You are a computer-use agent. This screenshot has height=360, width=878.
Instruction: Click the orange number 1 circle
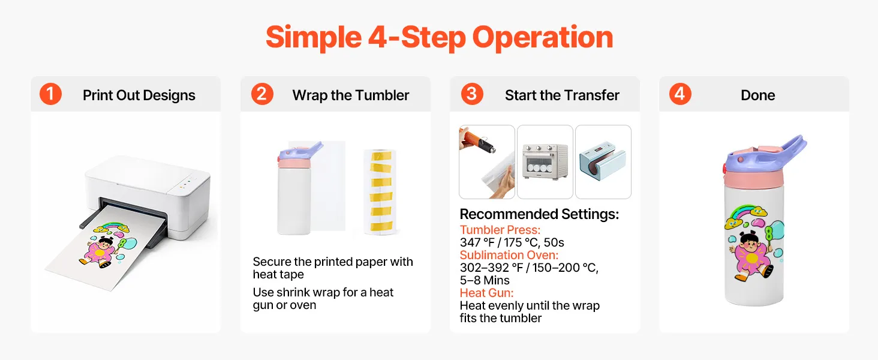click(x=50, y=94)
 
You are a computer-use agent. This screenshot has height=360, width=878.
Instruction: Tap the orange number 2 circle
click(x=262, y=94)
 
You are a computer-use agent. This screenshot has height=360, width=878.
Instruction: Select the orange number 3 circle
click(x=472, y=94)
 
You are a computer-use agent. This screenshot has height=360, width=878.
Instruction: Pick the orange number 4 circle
click(x=680, y=94)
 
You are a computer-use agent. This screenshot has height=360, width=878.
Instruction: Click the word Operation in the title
click(x=543, y=38)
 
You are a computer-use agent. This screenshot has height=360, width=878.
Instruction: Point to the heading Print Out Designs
click(x=139, y=95)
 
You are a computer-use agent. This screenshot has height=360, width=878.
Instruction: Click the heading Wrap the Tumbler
click(x=350, y=95)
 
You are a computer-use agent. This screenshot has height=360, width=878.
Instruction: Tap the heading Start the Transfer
click(x=562, y=95)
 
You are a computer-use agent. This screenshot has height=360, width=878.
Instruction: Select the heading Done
click(x=757, y=95)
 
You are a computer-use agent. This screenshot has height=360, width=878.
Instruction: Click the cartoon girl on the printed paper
click(x=100, y=251)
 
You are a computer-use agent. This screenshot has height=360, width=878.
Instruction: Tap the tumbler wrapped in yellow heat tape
click(x=380, y=192)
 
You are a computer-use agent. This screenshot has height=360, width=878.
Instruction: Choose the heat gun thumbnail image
click(x=487, y=162)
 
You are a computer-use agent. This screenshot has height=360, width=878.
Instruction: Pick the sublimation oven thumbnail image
click(x=545, y=162)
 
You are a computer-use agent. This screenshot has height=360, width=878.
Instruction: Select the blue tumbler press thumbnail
click(x=603, y=162)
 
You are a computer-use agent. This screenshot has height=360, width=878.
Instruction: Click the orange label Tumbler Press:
click(x=500, y=230)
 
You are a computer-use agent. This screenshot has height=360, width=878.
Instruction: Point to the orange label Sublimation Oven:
click(x=509, y=255)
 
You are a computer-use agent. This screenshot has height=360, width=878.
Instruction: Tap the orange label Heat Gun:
click(x=486, y=293)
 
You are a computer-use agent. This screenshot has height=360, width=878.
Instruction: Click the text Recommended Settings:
click(x=539, y=214)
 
